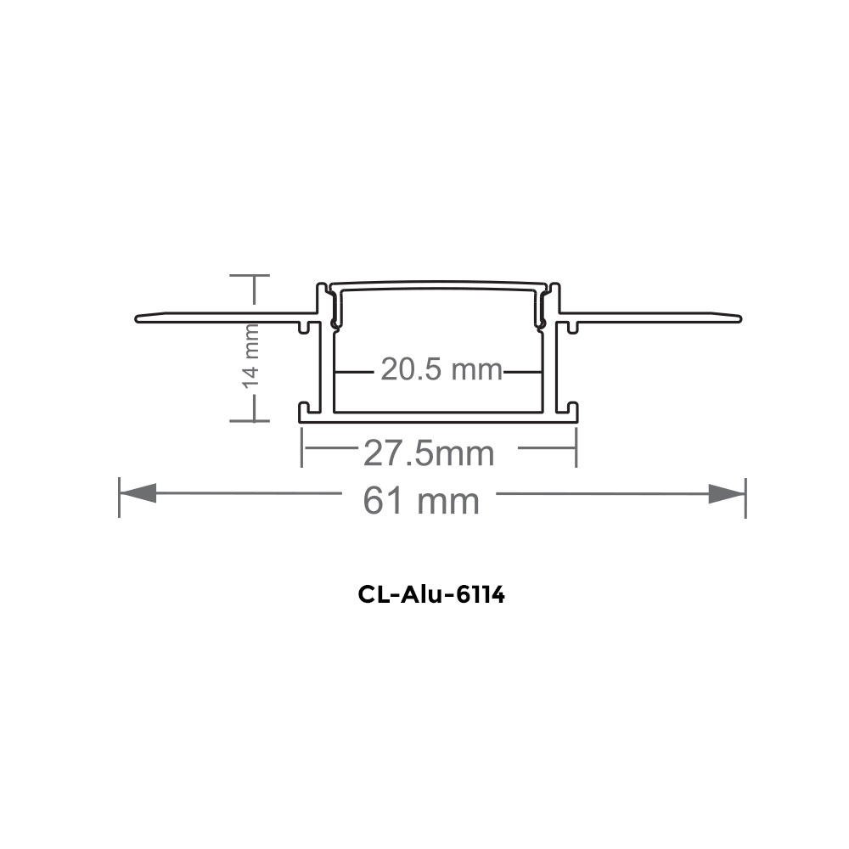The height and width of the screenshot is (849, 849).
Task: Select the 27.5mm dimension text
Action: click(429, 453)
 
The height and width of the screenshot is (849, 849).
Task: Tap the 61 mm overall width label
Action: click(421, 501)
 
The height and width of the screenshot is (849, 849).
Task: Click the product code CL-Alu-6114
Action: click(431, 595)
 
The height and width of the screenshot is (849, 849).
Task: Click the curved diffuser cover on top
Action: click(437, 283)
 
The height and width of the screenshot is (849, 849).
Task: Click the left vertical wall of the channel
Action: click(323, 365)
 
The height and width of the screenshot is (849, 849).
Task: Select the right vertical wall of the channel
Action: click(553, 365)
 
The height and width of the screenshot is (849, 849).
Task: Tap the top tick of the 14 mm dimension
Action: click(252, 276)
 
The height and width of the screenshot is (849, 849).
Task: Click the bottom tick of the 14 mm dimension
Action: click(252, 419)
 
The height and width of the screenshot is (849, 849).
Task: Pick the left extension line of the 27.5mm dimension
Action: click(302, 447)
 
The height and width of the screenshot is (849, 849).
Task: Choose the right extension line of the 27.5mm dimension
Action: click(576, 447)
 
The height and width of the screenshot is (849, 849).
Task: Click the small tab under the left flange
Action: click(305, 326)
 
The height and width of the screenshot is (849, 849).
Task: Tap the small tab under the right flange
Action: click(573, 326)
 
